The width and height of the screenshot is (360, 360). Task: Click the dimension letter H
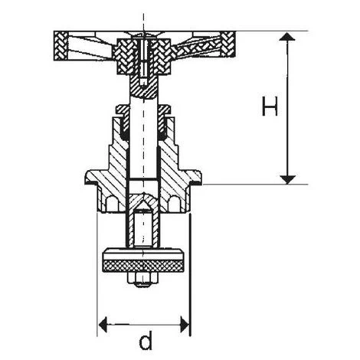pos(270,106)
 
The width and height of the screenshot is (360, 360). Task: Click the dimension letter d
pos(146,340)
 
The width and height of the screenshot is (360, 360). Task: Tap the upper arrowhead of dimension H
pos(287,37)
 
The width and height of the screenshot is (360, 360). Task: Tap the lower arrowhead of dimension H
pos(287,179)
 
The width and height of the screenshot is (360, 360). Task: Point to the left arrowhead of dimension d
pos(103,325)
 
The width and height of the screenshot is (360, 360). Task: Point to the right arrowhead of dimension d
pos(185,325)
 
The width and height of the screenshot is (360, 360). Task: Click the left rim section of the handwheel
pos(61,46)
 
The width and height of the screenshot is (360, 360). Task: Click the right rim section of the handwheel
pos(228,44)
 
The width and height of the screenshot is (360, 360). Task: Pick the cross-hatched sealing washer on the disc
pos(143,267)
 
